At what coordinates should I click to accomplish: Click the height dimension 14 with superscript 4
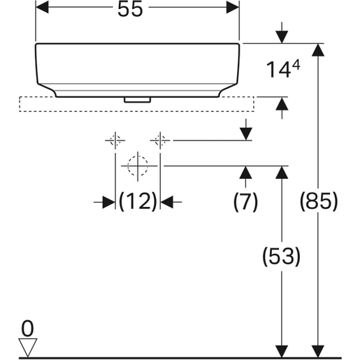284,69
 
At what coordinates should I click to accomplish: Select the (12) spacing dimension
138,201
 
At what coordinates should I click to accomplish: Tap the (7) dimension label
245,201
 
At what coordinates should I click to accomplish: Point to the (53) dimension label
281,257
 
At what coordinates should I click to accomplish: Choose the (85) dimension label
319,201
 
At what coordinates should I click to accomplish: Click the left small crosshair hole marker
115,141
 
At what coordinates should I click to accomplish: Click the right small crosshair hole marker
161,141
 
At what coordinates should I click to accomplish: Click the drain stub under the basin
137,99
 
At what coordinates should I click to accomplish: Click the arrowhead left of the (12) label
108,201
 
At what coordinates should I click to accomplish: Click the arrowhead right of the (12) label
168,201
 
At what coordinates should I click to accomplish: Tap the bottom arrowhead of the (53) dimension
281,351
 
